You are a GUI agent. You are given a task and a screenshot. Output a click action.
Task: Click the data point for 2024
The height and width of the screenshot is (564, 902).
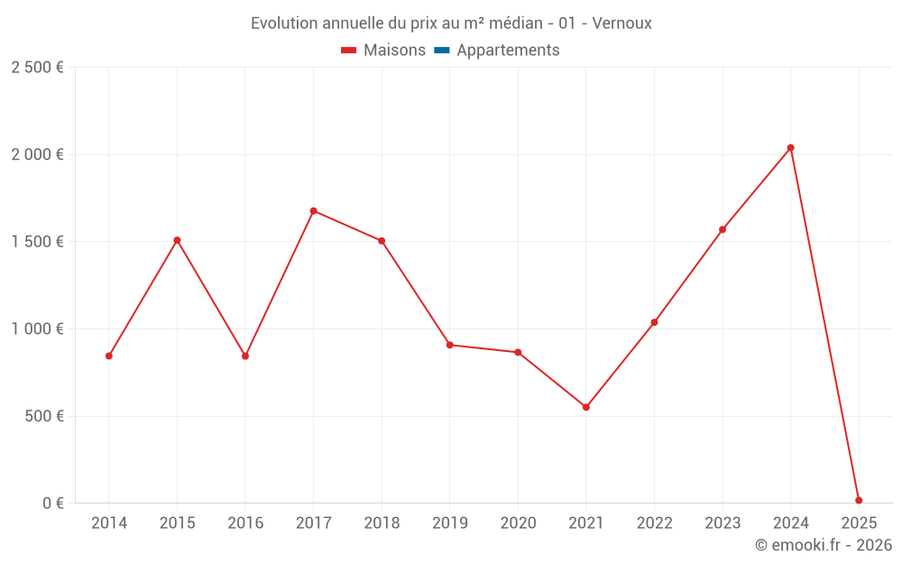tap(790, 148)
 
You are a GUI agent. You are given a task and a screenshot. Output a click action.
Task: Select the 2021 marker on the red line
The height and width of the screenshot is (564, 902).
tap(586, 407)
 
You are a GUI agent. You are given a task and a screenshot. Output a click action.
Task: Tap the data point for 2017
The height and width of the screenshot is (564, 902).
tap(313, 211)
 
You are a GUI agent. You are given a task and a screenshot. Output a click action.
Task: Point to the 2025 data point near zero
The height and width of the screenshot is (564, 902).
tap(859, 500)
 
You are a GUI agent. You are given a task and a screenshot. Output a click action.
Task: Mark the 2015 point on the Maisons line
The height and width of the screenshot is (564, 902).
tap(177, 240)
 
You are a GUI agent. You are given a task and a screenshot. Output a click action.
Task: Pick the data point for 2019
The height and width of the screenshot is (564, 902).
tap(449, 345)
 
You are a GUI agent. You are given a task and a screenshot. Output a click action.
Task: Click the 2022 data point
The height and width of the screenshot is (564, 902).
tap(654, 322)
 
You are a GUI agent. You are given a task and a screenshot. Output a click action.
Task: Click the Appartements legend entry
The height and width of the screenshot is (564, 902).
tap(508, 51)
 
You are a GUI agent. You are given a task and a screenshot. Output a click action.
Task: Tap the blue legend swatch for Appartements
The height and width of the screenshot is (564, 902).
tap(442, 51)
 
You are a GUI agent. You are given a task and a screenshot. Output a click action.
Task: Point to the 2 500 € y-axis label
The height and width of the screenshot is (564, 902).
tap(37, 68)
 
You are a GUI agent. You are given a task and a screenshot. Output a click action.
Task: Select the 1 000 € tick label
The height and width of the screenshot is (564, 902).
tap(37, 329)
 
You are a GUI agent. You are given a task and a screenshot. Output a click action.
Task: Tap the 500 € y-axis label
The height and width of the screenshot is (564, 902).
tap(43, 416)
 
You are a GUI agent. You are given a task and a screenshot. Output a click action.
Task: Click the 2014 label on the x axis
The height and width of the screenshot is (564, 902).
tap(109, 522)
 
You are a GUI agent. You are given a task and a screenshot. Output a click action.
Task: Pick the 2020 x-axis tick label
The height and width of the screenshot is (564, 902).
tap(518, 522)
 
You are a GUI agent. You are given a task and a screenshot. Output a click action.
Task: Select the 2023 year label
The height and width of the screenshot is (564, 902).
tap(723, 522)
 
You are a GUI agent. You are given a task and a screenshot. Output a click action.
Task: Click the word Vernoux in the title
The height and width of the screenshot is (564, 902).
tap(621, 23)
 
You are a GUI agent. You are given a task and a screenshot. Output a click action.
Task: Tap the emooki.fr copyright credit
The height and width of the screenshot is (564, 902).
tap(824, 545)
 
